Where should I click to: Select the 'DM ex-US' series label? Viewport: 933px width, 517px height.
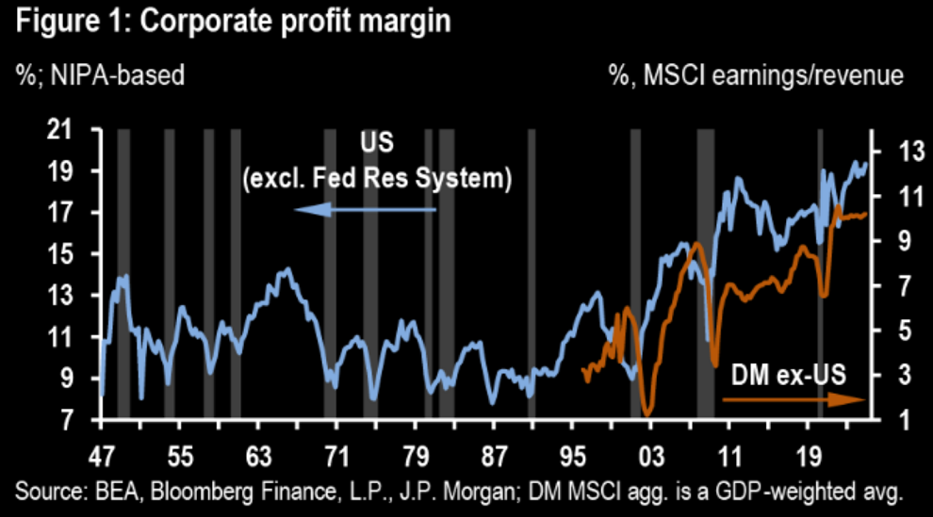[790, 375]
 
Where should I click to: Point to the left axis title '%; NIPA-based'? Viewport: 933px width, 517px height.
[100, 76]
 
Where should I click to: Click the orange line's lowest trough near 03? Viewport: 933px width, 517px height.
[647, 412]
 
